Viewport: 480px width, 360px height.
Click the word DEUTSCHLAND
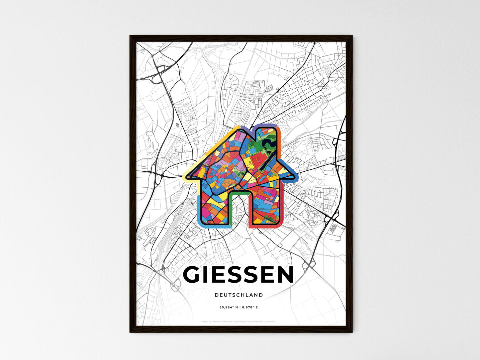239,295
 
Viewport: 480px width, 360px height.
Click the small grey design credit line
239,321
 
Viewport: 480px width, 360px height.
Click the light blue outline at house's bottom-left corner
199,219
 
